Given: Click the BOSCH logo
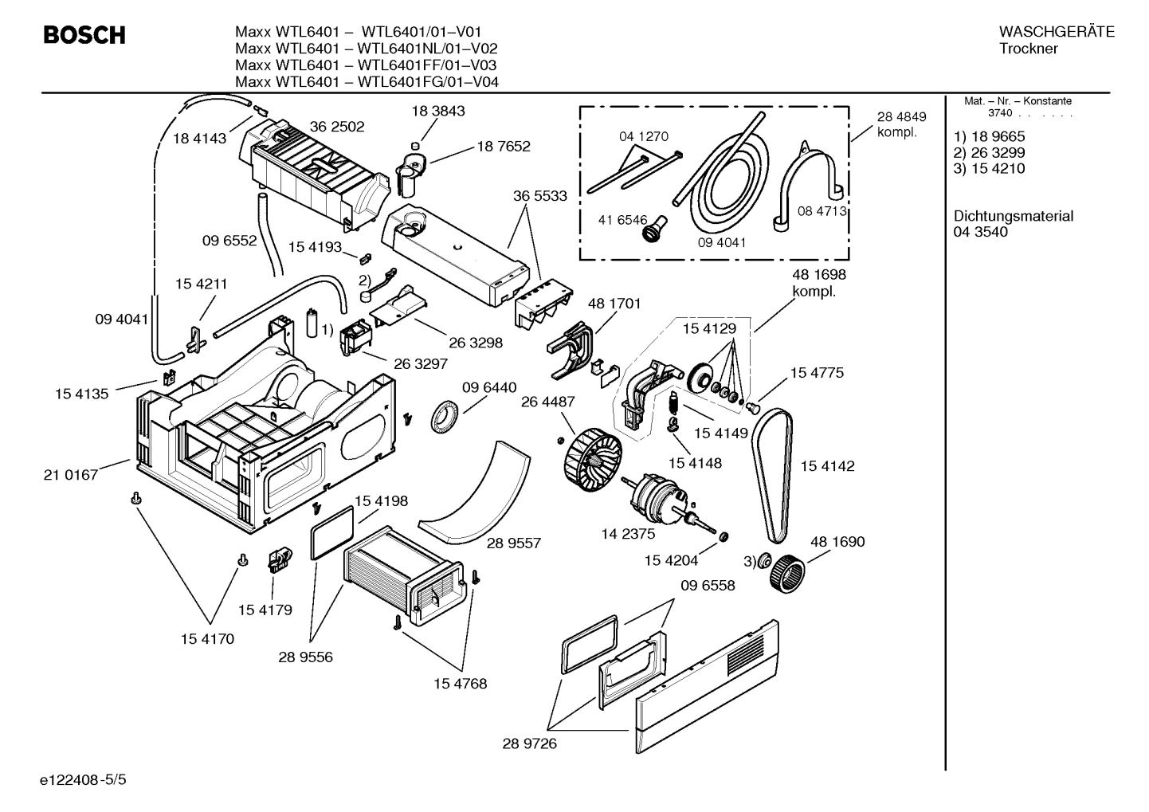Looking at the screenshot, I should pyautogui.click(x=84, y=35).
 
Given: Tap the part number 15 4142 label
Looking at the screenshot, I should pyautogui.click(x=827, y=466).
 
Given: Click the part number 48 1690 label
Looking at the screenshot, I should pyautogui.click(x=837, y=541).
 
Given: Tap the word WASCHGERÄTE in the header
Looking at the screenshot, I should pyautogui.click(x=1057, y=32).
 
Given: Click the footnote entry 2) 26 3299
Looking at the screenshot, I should pyautogui.click(x=989, y=152).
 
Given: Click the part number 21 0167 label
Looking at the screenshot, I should pyautogui.click(x=71, y=475).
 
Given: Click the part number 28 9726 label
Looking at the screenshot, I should pyautogui.click(x=529, y=743).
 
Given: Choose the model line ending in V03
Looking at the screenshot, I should pyautogui.click(x=367, y=65).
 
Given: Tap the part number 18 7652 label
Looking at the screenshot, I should pyautogui.click(x=504, y=146).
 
